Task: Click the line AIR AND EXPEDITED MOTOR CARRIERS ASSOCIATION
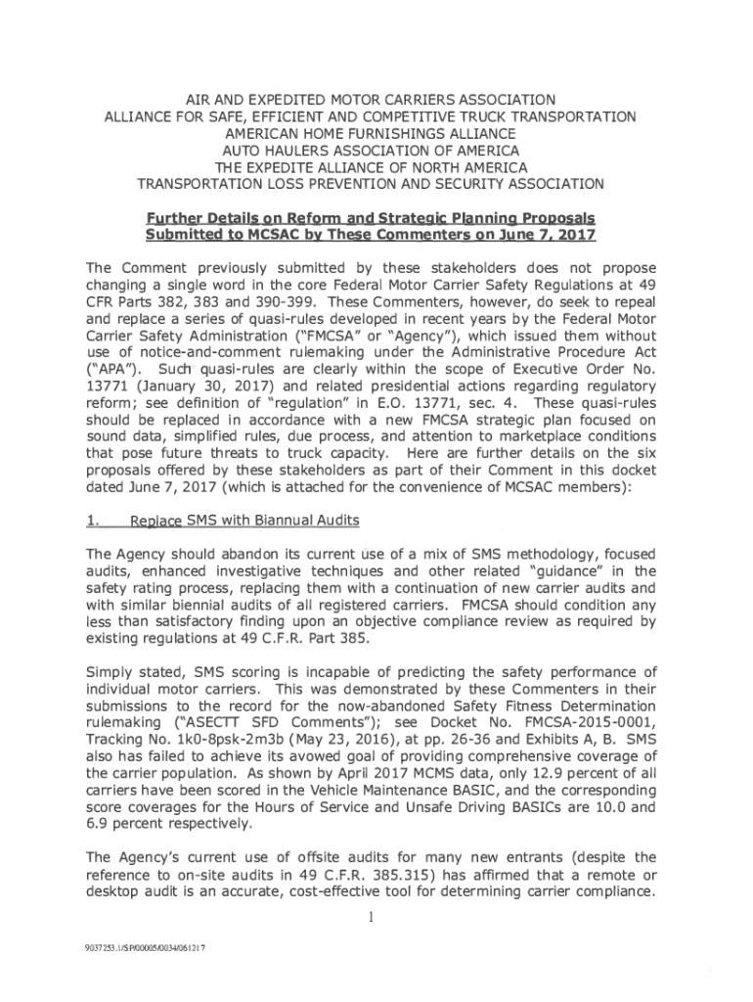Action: tap(375, 100)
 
